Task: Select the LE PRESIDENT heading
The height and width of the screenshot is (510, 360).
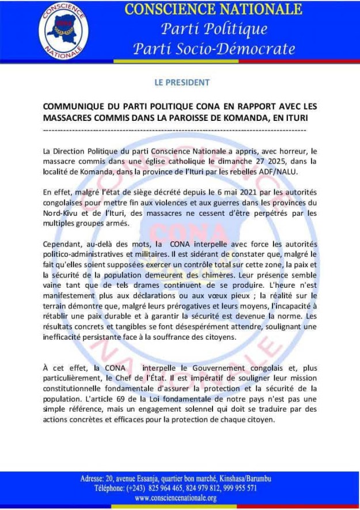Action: pos(182,82)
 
